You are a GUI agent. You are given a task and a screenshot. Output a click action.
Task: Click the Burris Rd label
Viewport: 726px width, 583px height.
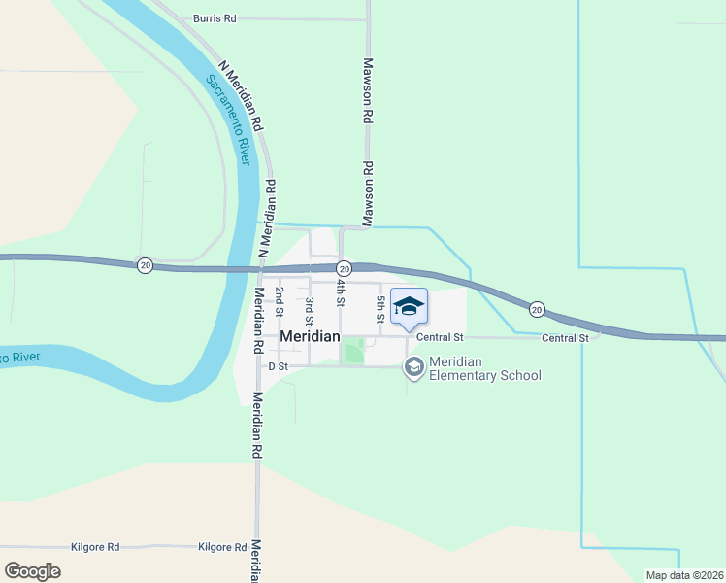[x=214, y=18]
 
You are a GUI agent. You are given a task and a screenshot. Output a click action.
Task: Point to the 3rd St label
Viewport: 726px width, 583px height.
[x=309, y=311]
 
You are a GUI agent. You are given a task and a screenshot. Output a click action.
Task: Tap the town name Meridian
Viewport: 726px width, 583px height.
[x=311, y=336]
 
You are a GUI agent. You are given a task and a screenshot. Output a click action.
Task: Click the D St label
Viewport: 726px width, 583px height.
[x=279, y=367]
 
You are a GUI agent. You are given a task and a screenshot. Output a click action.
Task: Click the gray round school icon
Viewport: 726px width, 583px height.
[x=414, y=366]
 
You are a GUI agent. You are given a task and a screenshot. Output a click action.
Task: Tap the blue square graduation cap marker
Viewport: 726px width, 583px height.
[x=409, y=306]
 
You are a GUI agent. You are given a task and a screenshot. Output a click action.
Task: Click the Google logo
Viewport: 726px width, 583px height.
[x=32, y=571]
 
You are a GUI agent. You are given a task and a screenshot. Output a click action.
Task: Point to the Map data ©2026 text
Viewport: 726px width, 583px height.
[x=685, y=575]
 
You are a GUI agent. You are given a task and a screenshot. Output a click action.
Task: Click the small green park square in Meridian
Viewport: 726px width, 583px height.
[x=354, y=351]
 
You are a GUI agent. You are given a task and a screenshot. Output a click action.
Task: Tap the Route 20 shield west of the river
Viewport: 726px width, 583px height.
[x=145, y=265]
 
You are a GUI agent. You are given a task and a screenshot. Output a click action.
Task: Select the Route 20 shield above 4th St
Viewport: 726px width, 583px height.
[x=344, y=267]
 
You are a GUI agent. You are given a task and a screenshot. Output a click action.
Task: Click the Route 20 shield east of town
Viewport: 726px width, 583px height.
[x=537, y=309]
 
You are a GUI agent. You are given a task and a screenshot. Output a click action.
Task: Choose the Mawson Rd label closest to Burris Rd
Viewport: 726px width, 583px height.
[x=368, y=88]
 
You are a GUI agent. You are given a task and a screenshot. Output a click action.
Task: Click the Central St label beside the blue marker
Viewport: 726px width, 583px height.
[x=441, y=337]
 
